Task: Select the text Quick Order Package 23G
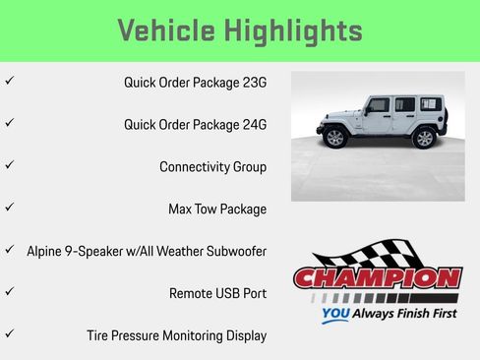coord(195,83)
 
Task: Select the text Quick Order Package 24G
coord(195,125)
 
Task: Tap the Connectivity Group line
coord(212,167)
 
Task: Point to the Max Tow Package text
coord(216,210)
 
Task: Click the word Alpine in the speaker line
coord(45,252)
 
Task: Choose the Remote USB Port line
coord(217,293)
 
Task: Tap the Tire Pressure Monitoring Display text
coord(176,335)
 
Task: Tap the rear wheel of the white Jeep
coord(424,138)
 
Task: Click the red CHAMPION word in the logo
coord(378,278)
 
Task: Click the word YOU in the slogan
coord(337,315)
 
